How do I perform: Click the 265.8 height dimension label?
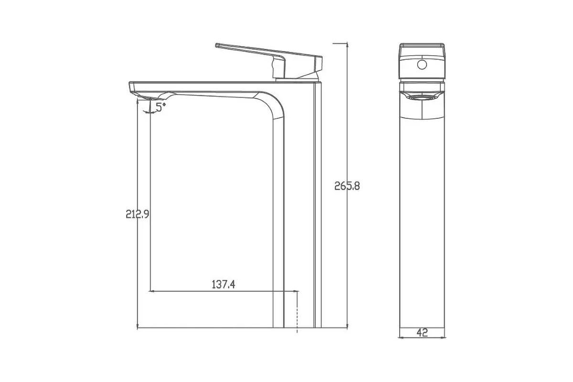[347, 186]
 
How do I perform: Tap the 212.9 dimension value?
[138, 214]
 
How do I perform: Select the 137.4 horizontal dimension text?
[223, 285]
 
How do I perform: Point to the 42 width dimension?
[422, 333]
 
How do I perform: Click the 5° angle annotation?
[160, 107]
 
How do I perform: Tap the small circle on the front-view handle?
[422, 64]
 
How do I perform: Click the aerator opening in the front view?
[422, 97]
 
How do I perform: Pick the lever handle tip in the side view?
[217, 45]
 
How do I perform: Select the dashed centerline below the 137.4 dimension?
[297, 312]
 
